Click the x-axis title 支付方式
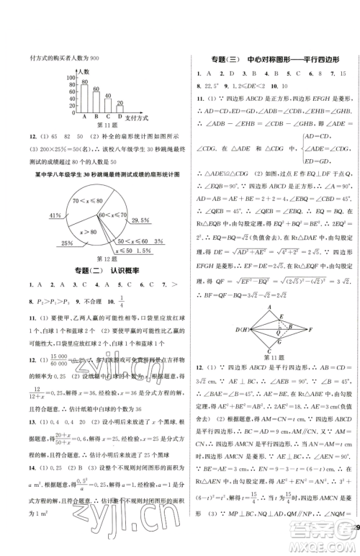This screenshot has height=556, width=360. pyautogui.click(x=132, y=117)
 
